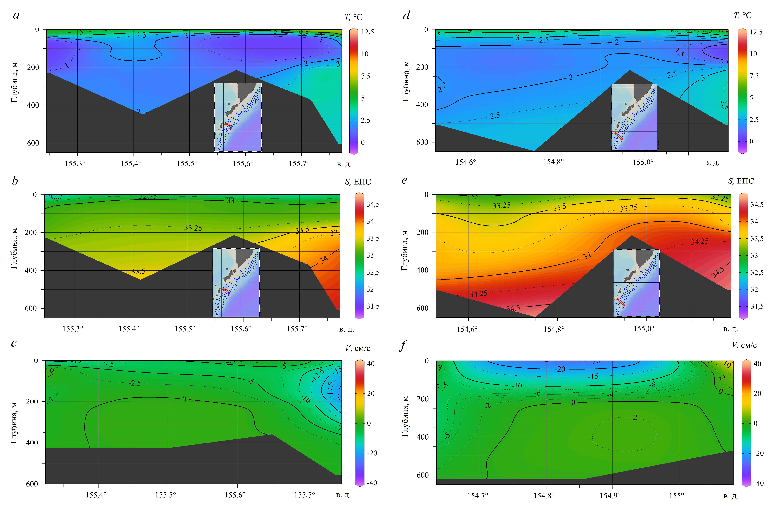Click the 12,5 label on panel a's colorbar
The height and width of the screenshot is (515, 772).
[367, 32]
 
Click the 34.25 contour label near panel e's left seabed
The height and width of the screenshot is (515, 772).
[478, 294]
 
